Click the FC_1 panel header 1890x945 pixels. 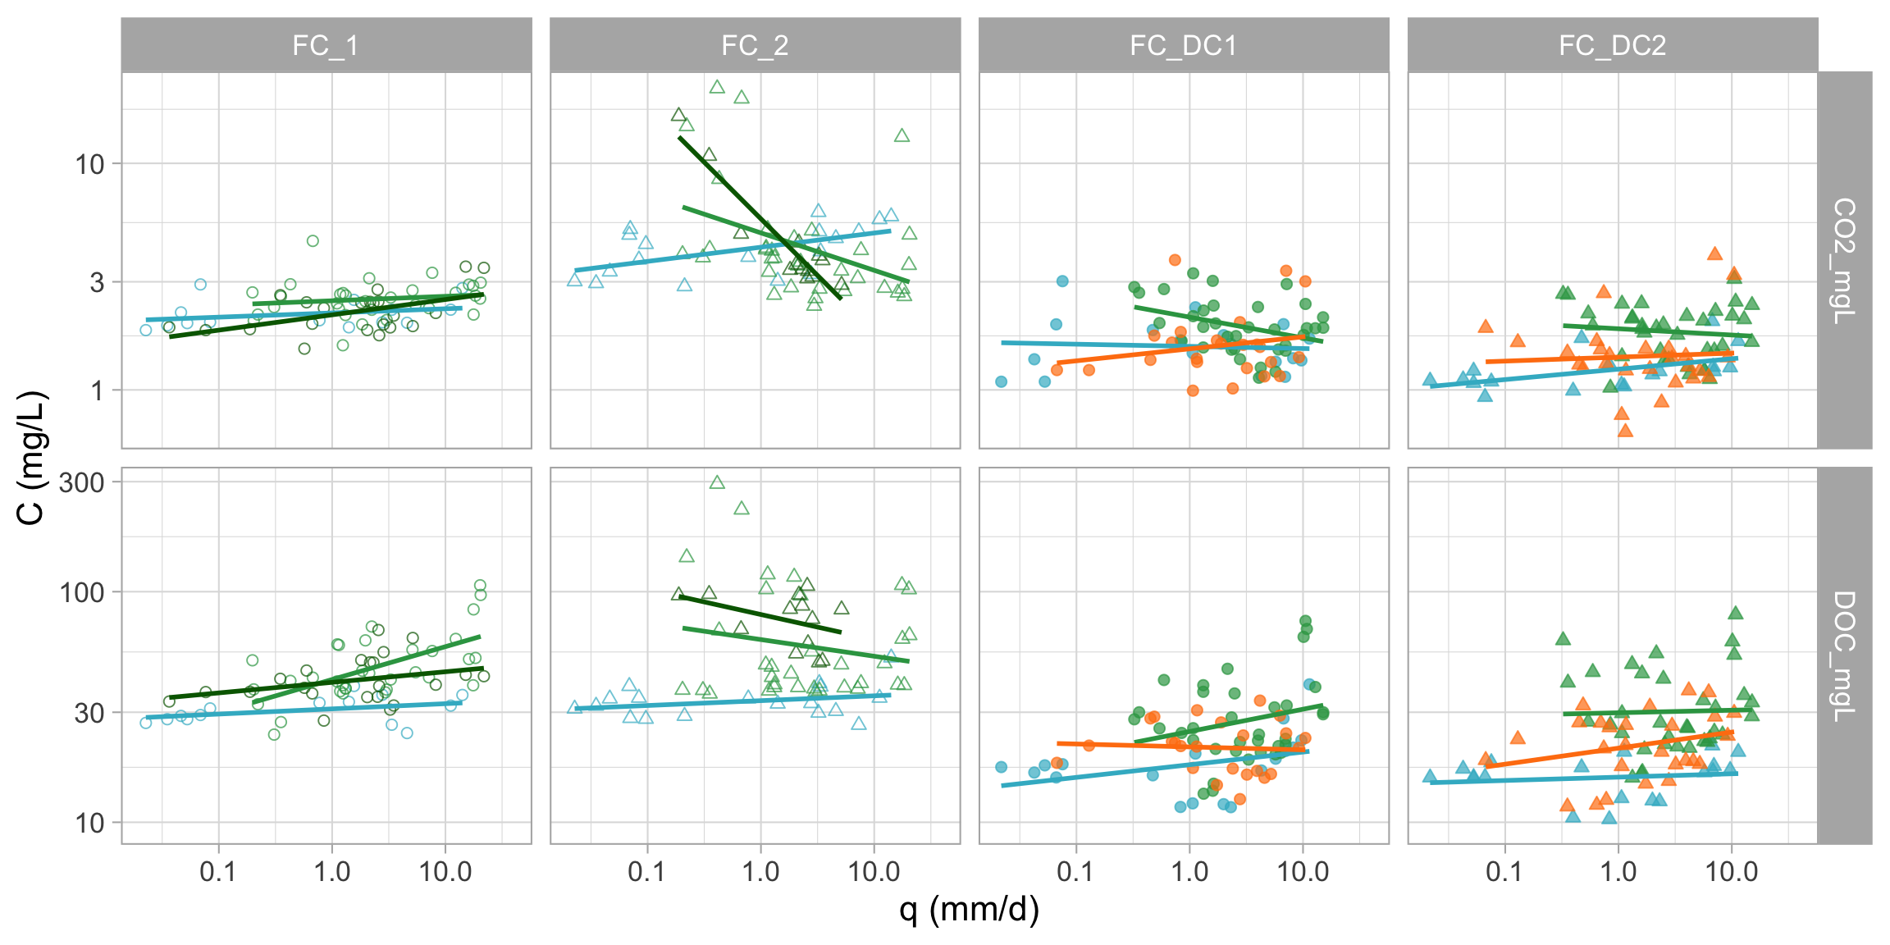pos(326,45)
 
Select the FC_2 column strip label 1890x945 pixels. pos(755,45)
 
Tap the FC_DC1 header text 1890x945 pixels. pos(1183,45)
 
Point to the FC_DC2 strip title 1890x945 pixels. pos(1613,45)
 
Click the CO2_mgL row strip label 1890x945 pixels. pos(1844,260)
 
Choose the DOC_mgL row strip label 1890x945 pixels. pos(1844,655)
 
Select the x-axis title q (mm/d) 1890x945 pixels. pos(969,909)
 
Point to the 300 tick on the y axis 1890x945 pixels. pos(82,482)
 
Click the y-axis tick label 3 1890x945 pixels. pos(98,282)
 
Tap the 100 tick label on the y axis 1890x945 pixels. pos(82,592)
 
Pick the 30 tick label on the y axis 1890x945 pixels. pos(89,713)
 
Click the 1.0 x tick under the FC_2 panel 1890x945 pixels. pos(760,871)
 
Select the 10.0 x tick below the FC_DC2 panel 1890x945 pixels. pos(1731,871)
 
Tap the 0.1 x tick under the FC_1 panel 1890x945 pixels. pos(217,871)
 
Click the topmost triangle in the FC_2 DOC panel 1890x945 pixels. pos(717,482)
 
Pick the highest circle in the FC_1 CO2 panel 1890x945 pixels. pos(313,241)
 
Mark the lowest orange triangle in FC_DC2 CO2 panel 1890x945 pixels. pos(1625,430)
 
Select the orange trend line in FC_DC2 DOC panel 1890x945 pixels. pos(1608,749)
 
